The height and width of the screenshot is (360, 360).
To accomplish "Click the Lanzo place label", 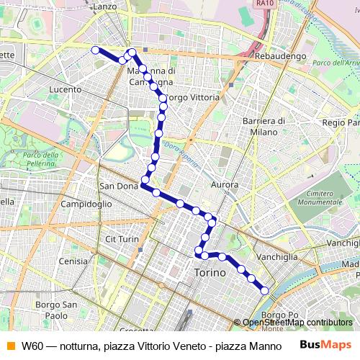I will pos(105,6).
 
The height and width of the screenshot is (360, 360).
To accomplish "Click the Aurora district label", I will pos(225,185).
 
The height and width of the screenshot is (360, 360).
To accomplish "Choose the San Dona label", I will pos(118,186).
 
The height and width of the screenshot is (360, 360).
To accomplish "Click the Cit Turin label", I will pos(122,238).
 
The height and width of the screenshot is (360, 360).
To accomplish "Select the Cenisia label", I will pos(75,261).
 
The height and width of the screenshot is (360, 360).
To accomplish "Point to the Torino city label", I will pos(210,273).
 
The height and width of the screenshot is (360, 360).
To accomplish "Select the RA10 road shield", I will pos(264,4).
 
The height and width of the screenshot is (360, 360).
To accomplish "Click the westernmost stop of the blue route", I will pos(95,50).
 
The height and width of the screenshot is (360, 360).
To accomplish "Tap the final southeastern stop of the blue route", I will pos(264,290).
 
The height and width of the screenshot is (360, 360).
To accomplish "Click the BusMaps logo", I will pos(325,345).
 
